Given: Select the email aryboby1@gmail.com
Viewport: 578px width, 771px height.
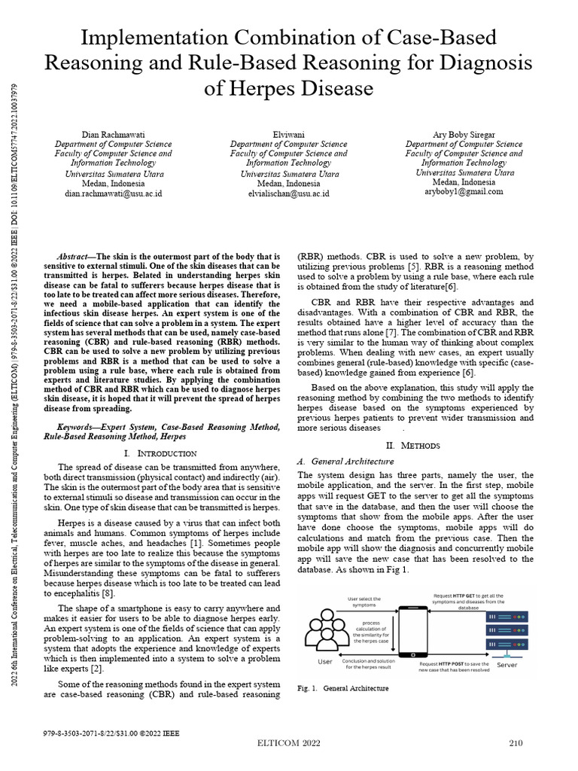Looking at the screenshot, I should click(464, 192).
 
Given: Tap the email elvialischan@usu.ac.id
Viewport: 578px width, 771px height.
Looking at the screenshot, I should click(288, 193).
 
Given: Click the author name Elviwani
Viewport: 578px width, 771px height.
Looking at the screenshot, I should click(288, 134).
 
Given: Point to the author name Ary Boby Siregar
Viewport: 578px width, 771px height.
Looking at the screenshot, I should click(464, 134).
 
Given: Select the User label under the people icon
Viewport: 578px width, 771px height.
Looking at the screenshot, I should click(324, 663).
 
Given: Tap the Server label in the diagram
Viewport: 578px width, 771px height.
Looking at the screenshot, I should click(507, 666).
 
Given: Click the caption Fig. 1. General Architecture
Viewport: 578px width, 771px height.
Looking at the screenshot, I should click(343, 688).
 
